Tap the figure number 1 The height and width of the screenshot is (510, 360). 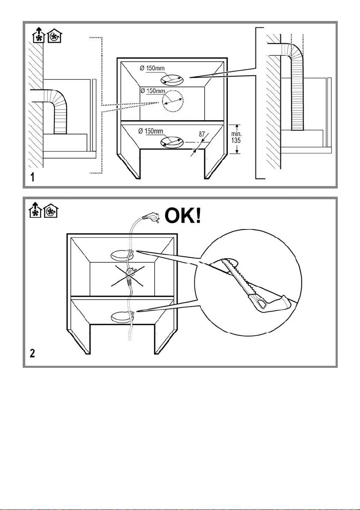[x=32, y=177]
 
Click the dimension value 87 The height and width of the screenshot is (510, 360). [x=202, y=134]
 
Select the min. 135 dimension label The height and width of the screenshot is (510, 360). [x=237, y=138]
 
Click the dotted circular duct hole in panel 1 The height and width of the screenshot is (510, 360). [x=173, y=101]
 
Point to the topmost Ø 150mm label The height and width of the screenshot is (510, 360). [x=152, y=69]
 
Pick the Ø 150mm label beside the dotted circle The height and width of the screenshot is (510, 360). [x=153, y=91]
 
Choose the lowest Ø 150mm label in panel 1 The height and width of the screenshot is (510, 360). [x=151, y=131]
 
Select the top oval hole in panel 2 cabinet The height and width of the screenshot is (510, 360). [x=121, y=255]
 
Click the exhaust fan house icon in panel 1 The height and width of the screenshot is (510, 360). [x=38, y=36]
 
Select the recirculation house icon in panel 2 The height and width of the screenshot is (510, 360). [x=51, y=210]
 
